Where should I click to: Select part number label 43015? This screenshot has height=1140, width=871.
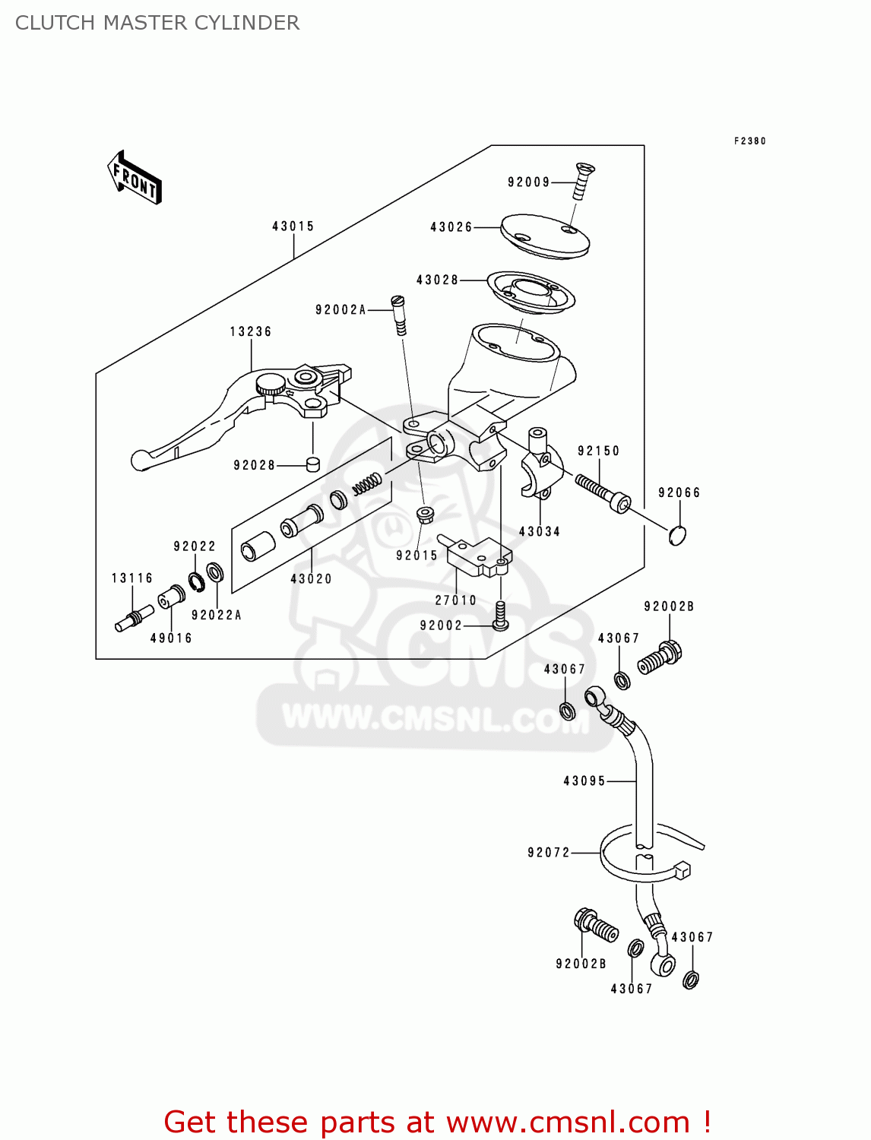point(293,226)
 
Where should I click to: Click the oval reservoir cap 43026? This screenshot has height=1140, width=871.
point(544,234)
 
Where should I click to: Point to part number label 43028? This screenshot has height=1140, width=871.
point(437,280)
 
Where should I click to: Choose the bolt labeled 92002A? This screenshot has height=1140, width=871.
point(399,314)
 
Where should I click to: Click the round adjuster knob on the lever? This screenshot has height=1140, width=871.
point(270,385)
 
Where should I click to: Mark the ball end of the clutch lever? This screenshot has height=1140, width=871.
point(140,461)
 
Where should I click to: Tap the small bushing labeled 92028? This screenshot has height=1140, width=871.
point(312,464)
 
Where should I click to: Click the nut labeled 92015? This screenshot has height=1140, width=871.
point(425,515)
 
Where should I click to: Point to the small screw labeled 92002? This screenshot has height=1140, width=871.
point(499,615)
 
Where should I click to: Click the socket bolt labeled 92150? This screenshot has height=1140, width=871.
point(603,492)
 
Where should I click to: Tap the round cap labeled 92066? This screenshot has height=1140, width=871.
point(677,534)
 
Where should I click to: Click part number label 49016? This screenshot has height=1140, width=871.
point(171,638)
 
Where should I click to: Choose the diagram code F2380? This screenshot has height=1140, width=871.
point(749,141)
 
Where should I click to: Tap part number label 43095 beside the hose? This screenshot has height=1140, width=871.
point(584,781)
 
